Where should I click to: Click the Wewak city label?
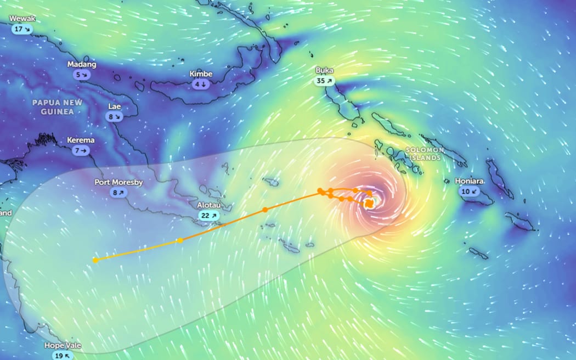point(22,19)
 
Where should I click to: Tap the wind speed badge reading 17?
point(22,29)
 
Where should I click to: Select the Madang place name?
point(82,64)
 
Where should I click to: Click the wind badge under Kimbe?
point(201,84)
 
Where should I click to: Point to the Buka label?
point(324,70)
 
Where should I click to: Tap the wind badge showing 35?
point(324,81)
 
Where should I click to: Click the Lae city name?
point(115,106)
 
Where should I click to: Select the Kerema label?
point(81,140)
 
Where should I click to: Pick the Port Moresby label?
point(118,182)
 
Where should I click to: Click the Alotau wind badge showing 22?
point(210,215)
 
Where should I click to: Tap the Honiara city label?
point(469,181)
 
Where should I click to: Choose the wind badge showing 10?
point(469,191)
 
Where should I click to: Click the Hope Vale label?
point(63,346)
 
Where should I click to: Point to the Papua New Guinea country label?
point(57,107)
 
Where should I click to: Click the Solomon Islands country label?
point(425,154)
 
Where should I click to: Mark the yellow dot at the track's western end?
point(95,260)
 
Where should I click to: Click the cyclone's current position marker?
point(370,204)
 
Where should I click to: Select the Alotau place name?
point(210,205)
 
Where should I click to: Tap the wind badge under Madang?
point(82,75)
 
